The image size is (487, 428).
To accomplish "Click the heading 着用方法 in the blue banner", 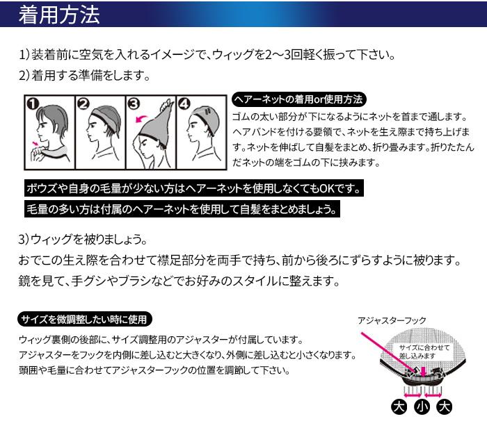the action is tap(59, 15).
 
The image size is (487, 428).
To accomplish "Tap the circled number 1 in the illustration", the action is tap(33, 104).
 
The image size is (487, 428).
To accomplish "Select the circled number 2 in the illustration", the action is tap(83, 104).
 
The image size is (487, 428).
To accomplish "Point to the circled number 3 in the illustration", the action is tap(134, 104).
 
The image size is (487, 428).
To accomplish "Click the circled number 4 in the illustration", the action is tap(184, 104).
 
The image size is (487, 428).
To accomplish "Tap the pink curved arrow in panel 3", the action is tap(141, 118).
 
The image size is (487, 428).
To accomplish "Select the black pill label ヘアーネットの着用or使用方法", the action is tap(299, 99).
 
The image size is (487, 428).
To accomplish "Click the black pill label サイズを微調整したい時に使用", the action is tap(85, 319).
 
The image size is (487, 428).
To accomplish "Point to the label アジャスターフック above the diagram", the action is tap(392, 320).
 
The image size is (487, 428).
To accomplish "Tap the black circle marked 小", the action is tap(422, 407).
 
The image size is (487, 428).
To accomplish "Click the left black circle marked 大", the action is tap(399, 407).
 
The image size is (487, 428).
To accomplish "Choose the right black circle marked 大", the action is tap(445, 407).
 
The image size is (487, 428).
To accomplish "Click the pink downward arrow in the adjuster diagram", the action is tap(423, 371).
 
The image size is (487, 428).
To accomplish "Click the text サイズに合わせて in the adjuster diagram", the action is tap(424, 347).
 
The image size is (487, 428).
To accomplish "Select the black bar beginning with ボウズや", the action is tap(194, 188).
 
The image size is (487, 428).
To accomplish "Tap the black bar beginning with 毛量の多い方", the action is tap(182, 209).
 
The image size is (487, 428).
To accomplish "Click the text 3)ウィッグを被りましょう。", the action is tap(83, 240).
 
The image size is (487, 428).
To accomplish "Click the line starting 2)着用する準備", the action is tap(84, 75).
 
